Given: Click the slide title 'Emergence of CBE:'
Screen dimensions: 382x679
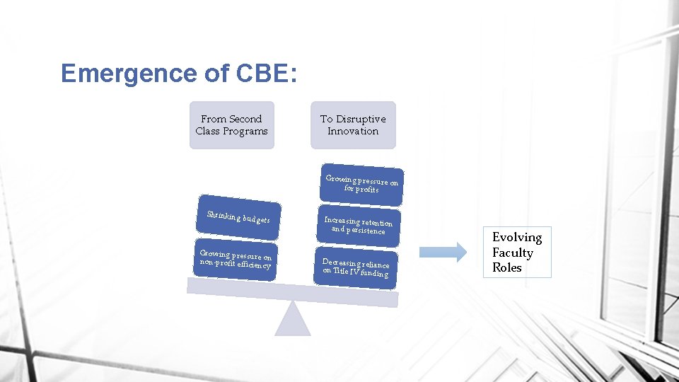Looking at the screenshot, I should pos(178,74).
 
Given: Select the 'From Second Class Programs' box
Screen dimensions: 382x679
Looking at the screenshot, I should pos(231,125).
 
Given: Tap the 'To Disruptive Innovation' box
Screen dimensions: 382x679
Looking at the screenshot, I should pos(353,125).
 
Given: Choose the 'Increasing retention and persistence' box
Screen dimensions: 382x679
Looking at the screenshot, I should pos(358,226).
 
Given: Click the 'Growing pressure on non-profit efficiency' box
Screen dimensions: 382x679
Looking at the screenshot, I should pos(235,260).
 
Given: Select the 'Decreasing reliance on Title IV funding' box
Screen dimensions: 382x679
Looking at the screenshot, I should pos(356,267).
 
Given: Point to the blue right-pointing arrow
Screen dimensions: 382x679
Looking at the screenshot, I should pos(443,252).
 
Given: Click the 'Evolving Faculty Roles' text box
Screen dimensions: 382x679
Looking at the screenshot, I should pos(517,253).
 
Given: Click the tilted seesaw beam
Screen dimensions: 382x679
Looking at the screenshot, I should pos(293,292).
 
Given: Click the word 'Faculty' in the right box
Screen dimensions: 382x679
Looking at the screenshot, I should pos(513,253).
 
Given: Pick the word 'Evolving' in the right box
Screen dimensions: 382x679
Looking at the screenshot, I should pos(517,238).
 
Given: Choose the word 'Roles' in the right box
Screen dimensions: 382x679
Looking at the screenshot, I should pos(507,267).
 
